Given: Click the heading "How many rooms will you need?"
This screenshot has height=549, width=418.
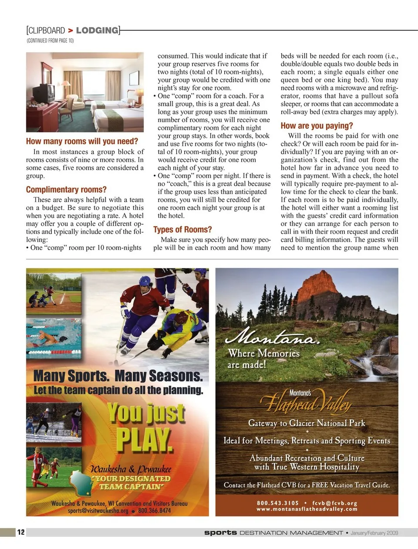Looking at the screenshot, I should (82, 141).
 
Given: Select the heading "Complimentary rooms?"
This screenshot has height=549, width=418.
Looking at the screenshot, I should (66, 190).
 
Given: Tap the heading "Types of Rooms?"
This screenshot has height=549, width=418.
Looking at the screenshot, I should (182, 230).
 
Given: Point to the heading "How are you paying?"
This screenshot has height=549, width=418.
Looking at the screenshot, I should (317, 126).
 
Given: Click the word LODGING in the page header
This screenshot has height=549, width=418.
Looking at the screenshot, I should (97, 30).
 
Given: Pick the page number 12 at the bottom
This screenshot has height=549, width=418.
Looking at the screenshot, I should (21, 532).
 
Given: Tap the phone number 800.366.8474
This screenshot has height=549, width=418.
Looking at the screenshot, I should (154, 511).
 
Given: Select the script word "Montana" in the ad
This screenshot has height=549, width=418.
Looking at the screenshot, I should (272, 337).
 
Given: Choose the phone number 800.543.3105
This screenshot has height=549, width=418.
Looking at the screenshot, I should (278, 503).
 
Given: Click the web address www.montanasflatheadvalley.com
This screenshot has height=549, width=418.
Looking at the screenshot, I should (307, 509).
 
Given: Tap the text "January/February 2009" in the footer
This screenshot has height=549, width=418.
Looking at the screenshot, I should (374, 533).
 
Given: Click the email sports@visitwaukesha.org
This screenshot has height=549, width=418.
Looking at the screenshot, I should (98, 511).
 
